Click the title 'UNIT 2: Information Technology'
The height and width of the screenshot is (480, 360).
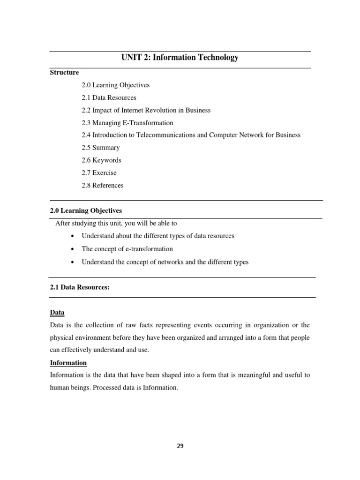(180, 58)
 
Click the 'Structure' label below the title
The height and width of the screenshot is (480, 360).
(64, 73)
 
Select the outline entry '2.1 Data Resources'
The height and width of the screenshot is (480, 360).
(109, 98)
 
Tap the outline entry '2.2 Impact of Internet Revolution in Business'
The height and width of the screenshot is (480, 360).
(146, 110)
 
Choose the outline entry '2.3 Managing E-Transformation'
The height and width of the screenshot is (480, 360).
(127, 123)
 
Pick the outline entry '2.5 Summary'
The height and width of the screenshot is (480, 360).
(100, 148)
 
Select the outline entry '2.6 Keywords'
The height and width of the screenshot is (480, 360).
(101, 160)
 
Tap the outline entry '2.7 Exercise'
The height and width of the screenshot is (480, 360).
(99, 173)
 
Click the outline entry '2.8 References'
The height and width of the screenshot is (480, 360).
(102, 186)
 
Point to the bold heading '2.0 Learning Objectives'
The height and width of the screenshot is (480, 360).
(86, 211)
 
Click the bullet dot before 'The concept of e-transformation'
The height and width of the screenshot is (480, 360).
(71, 249)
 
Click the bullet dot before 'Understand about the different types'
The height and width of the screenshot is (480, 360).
(71, 236)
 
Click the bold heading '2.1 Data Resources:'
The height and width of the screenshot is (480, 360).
(80, 287)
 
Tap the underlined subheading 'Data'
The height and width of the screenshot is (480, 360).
(57, 313)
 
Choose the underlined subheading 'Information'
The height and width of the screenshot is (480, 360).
(68, 363)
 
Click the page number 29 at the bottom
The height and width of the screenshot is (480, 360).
(180, 446)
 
